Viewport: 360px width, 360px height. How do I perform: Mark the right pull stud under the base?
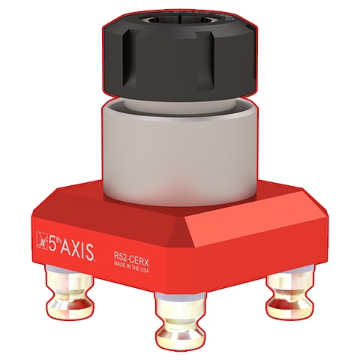pyautogui.click(x=286, y=294)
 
